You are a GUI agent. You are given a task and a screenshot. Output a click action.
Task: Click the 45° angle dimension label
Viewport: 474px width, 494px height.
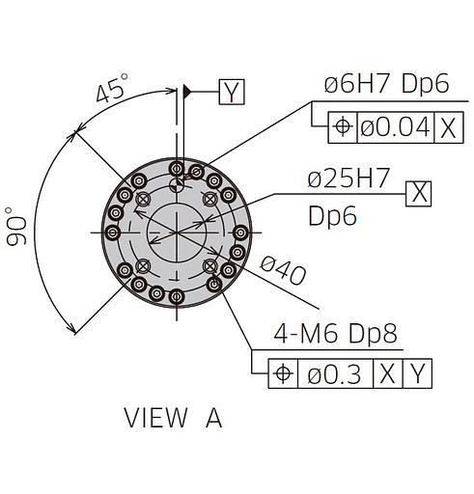pos(112,88)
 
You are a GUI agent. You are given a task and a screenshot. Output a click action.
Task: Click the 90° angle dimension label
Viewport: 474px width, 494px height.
pos(16,227)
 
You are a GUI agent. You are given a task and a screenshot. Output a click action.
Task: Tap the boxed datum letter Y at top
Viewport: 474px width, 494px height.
pos(232,92)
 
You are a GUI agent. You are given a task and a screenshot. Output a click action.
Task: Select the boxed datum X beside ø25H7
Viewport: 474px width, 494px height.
pos(418,194)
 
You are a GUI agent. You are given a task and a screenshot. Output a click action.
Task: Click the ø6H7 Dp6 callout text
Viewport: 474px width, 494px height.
pos(386,83)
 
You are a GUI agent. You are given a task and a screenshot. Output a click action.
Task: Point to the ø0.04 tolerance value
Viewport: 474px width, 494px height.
pos(396,127)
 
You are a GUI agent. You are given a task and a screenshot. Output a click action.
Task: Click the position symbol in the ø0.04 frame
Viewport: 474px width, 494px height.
pos(343,126)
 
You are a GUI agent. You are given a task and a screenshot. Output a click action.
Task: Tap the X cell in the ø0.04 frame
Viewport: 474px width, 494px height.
pos(449,127)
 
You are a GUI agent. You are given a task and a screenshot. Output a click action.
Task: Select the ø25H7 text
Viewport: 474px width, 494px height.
pos(349,178)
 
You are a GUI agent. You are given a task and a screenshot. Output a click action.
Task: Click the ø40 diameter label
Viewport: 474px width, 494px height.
pos(283,271)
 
